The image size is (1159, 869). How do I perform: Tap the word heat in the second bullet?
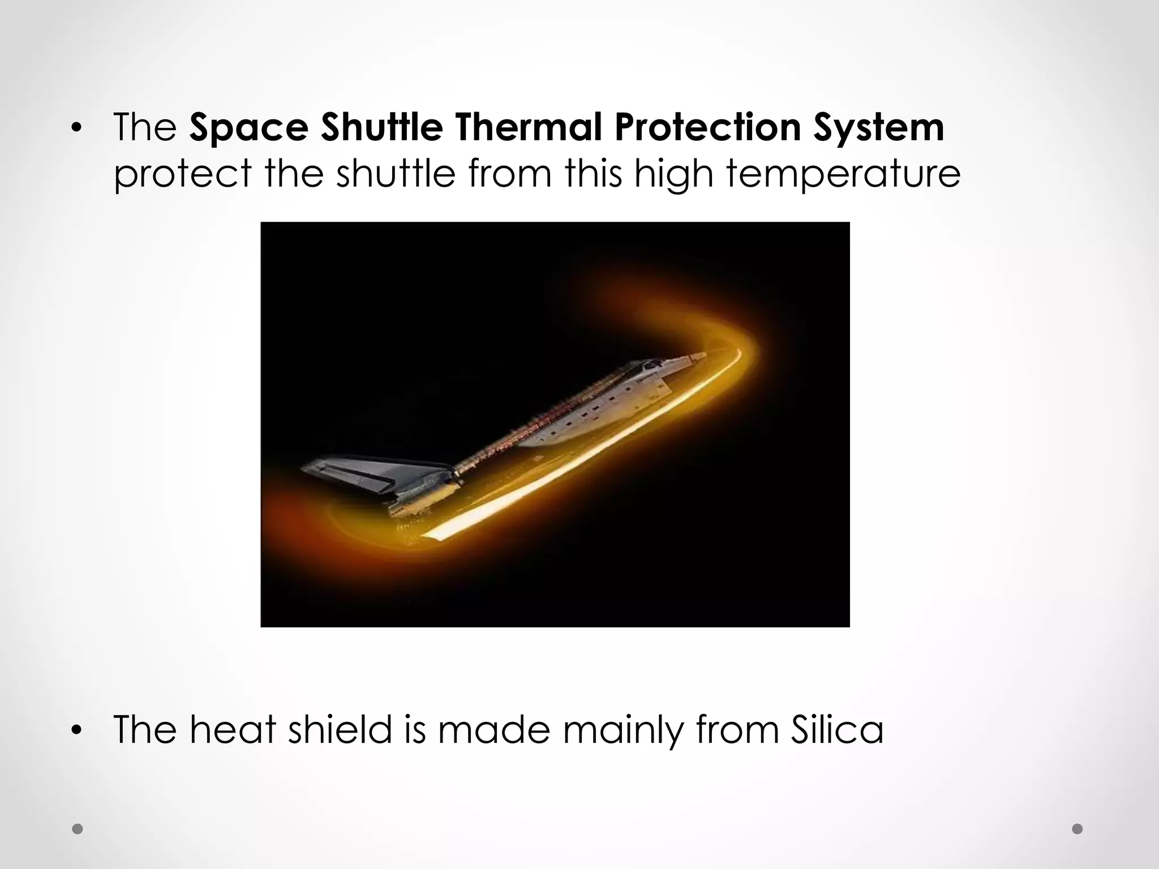[x=232, y=729]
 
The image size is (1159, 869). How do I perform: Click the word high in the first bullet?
[x=673, y=174]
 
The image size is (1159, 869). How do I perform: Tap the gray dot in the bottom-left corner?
[x=78, y=829]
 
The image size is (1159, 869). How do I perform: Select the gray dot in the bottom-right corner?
[x=1078, y=829]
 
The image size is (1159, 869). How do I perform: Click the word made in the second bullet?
[x=493, y=729]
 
